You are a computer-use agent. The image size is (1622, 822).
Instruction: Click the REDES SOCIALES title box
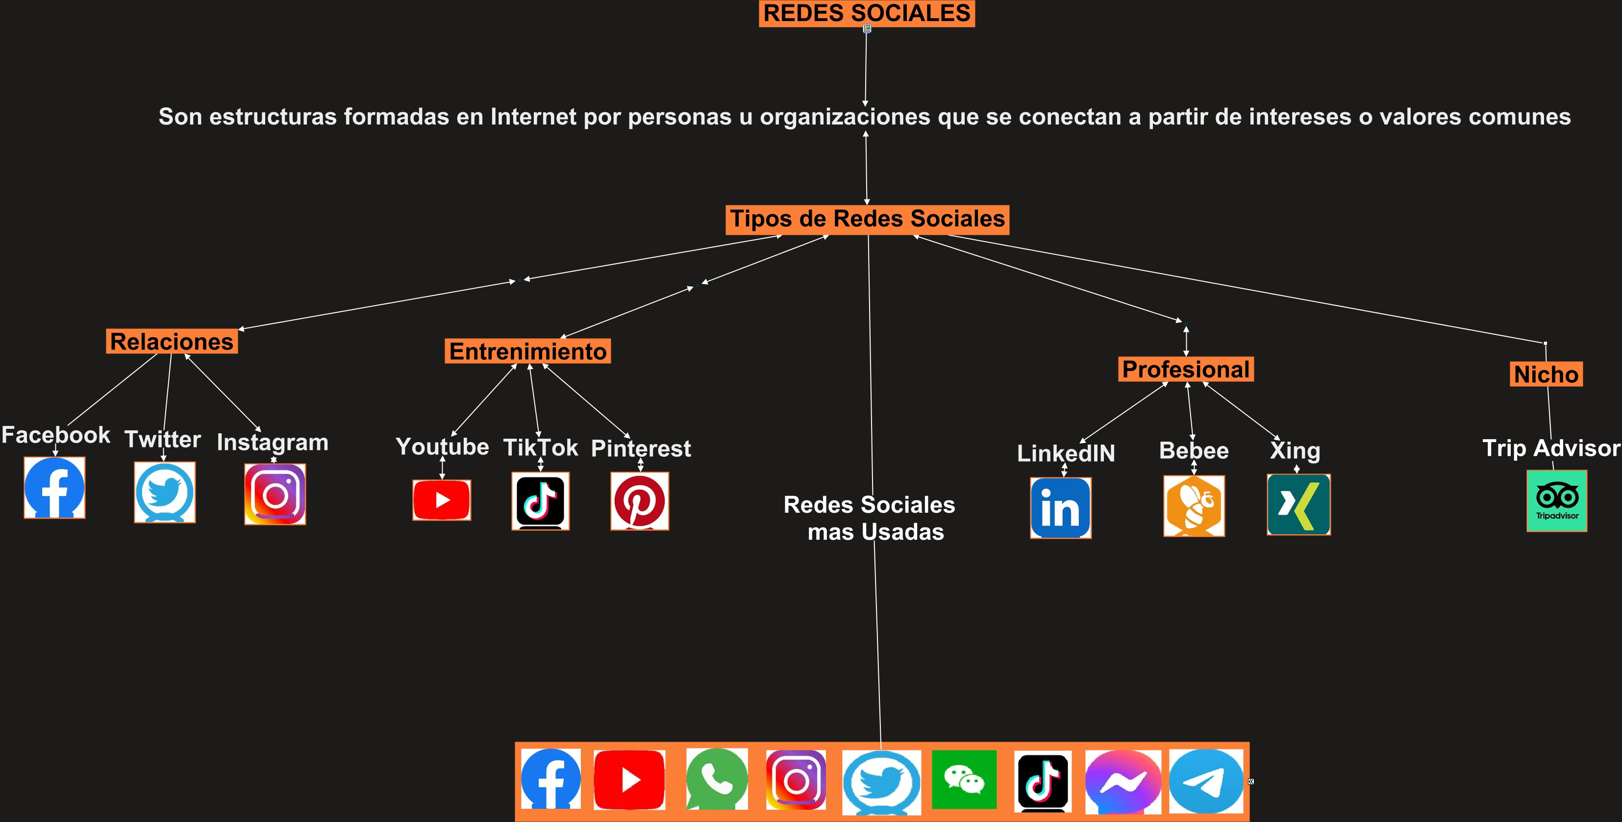(867, 13)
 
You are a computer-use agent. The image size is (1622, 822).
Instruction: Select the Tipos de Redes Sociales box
(867, 219)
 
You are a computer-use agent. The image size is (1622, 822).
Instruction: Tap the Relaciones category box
(172, 341)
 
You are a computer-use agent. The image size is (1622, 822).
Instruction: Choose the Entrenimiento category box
(527, 351)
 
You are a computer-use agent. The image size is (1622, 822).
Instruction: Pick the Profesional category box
(1186, 370)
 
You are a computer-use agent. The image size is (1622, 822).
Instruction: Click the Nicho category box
(1546, 374)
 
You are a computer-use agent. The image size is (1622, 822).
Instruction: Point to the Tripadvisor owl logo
(1556, 501)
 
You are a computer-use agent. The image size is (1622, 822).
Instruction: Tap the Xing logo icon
(1298, 505)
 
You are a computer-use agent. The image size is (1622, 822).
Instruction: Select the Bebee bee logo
(1194, 506)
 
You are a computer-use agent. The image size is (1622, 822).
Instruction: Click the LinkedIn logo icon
(1060, 508)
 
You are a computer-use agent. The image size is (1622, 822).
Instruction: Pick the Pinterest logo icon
(640, 501)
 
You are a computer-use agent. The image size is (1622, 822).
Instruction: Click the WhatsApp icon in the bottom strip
(717, 779)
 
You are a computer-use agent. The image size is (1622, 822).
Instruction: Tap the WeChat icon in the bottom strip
(964, 779)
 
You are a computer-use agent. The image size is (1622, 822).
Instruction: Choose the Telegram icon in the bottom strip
(1206, 780)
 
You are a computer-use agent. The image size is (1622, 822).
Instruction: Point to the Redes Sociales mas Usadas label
(870, 518)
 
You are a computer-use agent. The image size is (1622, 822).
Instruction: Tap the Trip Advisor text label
(1551, 448)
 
